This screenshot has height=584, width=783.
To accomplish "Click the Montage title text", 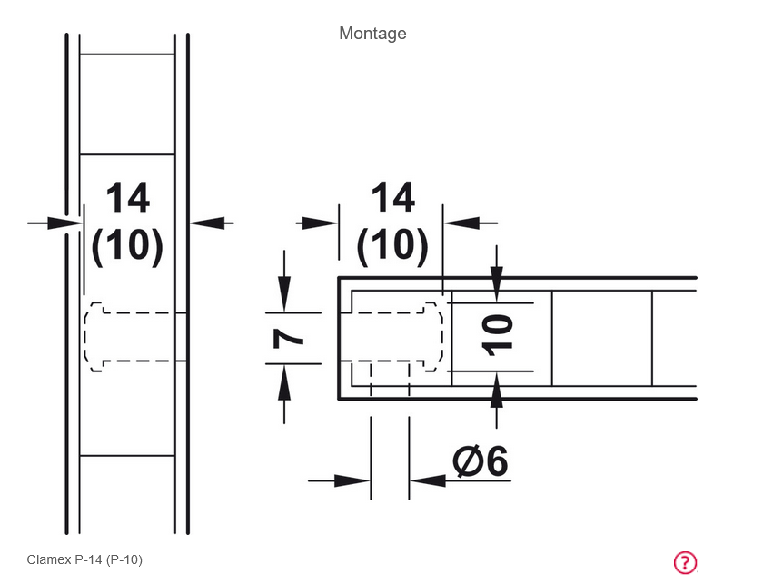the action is tap(372, 34).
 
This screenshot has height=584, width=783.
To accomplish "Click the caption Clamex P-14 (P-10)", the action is tap(84, 559).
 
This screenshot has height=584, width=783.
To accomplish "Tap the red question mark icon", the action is tap(685, 562).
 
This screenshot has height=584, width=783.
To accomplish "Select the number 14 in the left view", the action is tap(128, 198).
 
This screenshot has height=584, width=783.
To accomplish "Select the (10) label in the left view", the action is tap(127, 244).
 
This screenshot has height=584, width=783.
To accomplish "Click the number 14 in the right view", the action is tap(393, 198).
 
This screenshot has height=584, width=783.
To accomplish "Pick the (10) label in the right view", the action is tap(392, 244).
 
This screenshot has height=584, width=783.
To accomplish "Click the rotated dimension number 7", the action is tap(288, 339).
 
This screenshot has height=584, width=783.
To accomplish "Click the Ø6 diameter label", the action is tap(481, 460).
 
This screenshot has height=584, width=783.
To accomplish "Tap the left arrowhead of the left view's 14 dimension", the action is tap(64, 223).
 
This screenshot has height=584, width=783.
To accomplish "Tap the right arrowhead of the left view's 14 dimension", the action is tap(207, 223).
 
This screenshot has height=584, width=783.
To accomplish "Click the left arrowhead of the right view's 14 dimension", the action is tap(321, 223).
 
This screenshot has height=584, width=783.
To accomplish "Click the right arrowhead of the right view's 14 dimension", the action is tap(461, 223).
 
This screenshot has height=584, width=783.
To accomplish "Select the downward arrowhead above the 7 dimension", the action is tap(284, 294).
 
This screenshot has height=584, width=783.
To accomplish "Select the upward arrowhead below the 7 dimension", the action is tap(284, 382).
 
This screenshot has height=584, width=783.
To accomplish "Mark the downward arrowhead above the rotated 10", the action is tap(496, 284).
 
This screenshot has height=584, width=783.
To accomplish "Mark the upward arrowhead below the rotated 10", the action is tap(496, 391).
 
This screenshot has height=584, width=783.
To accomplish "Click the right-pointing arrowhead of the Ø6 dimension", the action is tap(352, 481).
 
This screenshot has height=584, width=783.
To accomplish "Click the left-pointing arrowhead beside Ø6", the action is tap(428, 481).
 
